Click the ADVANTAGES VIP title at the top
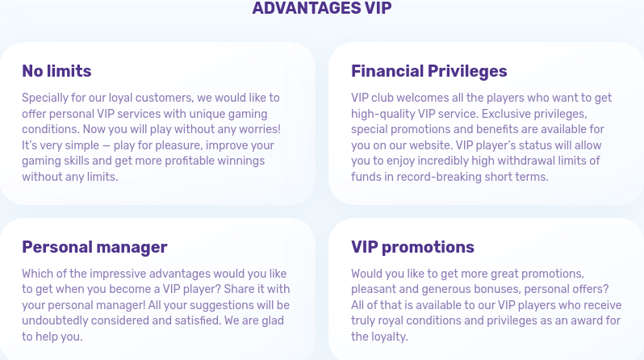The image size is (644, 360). coord(322,8)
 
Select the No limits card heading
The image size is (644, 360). coord(56,71)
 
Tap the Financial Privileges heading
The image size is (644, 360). coord(429,71)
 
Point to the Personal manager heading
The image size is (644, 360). coord(94,247)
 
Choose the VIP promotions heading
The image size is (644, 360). coord(412,247)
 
